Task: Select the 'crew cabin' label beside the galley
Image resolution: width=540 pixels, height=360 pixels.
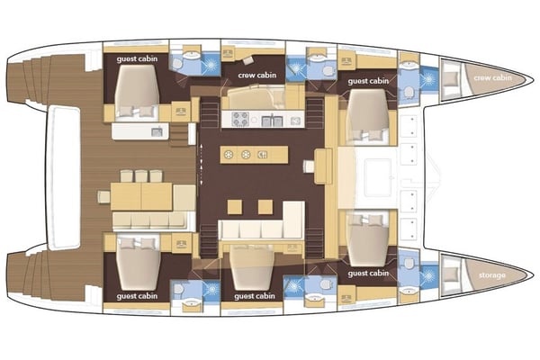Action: pyautogui.click(x=250, y=76)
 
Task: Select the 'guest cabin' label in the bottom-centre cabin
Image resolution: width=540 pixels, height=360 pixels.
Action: pyautogui.click(x=255, y=295)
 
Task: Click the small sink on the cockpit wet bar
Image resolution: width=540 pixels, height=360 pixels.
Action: pyautogui.click(x=157, y=132)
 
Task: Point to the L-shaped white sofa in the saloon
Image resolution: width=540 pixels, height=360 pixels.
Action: pyautogui.click(x=261, y=229)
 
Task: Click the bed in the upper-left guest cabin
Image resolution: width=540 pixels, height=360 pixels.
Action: pyautogui.click(x=137, y=91)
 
